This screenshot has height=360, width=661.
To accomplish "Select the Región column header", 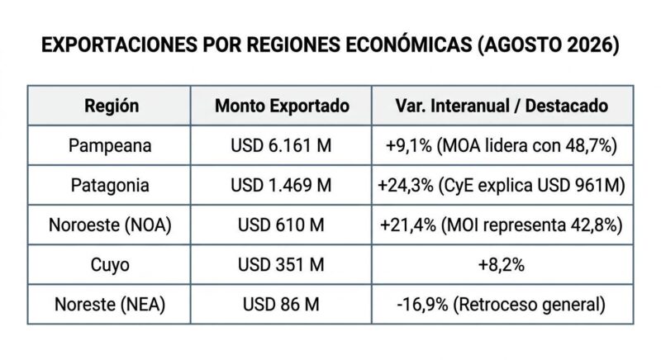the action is coord(112,107).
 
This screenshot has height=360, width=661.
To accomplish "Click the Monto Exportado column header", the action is coord(282,106).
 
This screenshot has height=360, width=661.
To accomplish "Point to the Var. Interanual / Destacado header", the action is coord(502,106).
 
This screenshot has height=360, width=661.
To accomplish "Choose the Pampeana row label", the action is coord(110,146).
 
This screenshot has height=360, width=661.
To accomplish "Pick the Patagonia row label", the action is coord(110,186).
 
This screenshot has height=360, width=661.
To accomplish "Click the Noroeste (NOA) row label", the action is coord(110,225).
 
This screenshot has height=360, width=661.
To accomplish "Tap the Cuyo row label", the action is coord(110,265).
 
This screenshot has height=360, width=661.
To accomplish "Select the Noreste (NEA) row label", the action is coord(110,305).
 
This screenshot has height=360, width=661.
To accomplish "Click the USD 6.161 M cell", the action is coord(281,145).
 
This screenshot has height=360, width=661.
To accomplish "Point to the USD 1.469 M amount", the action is coord(281,185).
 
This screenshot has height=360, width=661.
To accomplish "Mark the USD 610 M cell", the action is coord(281,225).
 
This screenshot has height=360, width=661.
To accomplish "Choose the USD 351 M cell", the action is coord(281,265).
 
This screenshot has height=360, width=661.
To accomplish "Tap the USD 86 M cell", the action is coord(281,305).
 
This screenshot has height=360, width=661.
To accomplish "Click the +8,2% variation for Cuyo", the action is coord(502,265).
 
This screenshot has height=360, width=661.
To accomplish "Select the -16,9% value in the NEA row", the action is coord(422,305).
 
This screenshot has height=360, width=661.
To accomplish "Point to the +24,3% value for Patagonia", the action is coord(406,186).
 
